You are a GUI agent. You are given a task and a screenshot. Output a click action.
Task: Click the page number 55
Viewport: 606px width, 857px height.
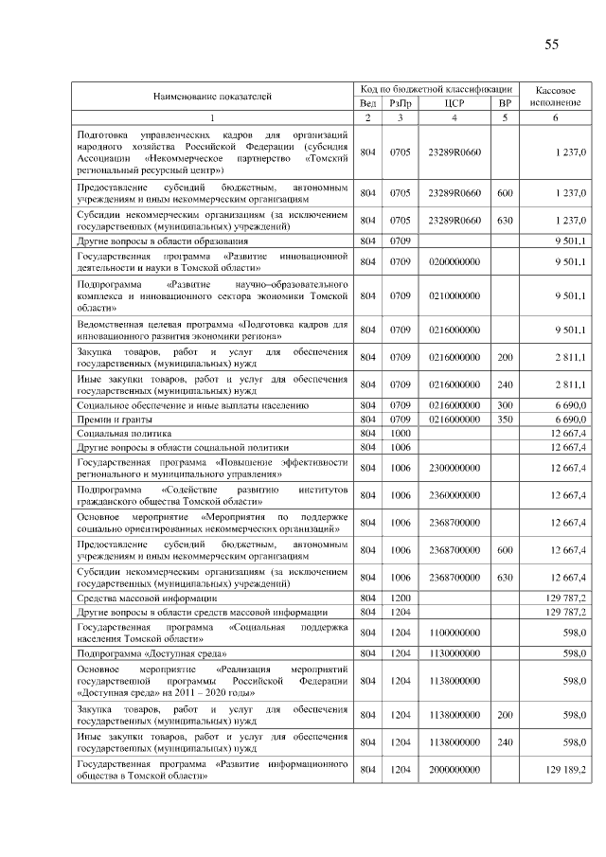click(552, 45)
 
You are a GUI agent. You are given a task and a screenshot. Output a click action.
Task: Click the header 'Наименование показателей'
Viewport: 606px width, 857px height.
click(212, 96)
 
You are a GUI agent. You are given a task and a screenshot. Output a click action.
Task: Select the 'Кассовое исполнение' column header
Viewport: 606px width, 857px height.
click(555, 95)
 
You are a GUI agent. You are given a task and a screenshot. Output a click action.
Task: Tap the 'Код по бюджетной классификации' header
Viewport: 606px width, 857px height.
click(437, 88)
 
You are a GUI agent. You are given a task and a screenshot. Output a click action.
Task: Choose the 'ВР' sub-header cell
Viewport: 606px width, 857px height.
click(505, 102)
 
